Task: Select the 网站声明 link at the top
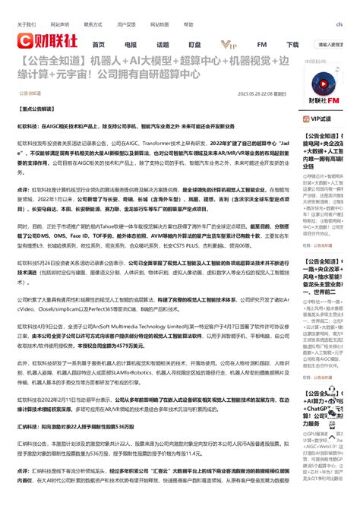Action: pyautogui.click(x=59, y=24)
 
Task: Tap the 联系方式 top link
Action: pyautogui.click(x=93, y=24)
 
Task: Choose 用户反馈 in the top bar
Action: pyautogui.click(x=126, y=24)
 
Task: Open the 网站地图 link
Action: pyautogui.click(x=158, y=24)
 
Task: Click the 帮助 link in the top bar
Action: pyautogui.click(x=188, y=24)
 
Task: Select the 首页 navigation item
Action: pyautogui.click(x=99, y=44)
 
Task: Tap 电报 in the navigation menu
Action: pyautogui.click(x=131, y=44)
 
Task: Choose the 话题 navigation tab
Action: pyautogui.click(x=163, y=44)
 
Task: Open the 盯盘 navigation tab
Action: pyautogui.click(x=194, y=44)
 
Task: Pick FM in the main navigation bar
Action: pyautogui.click(x=261, y=44)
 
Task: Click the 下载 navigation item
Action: pyautogui.click(x=292, y=44)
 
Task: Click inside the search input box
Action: pyautogui.click(x=334, y=44)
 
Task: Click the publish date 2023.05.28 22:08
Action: pyautogui.click(x=254, y=94)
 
